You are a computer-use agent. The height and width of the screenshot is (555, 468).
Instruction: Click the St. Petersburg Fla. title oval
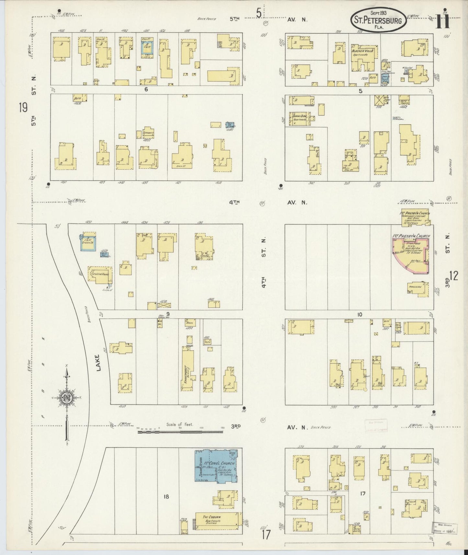[378, 20]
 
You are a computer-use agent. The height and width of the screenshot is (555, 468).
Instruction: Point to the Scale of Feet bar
[180, 432]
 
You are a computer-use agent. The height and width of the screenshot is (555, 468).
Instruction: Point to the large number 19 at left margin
[23, 108]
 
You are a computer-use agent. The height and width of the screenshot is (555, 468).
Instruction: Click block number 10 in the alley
[360, 314]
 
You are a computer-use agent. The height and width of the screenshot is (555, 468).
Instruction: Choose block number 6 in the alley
[146, 89]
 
